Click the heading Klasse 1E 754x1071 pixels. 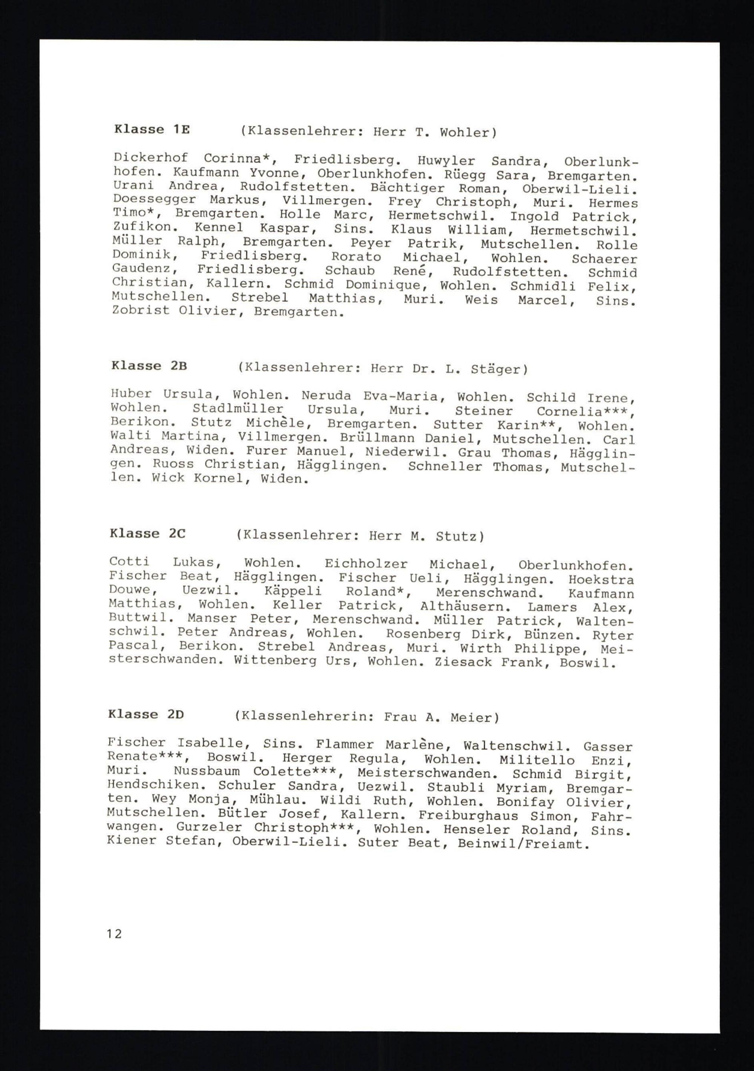[152, 130]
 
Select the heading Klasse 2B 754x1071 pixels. [149, 366]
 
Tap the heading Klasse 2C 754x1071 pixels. [147, 534]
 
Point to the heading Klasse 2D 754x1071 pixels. [146, 714]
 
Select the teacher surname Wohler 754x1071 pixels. [465, 133]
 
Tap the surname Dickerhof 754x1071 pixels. [150, 158]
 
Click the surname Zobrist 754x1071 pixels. [141, 311]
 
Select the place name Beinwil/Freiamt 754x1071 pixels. [521, 844]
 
